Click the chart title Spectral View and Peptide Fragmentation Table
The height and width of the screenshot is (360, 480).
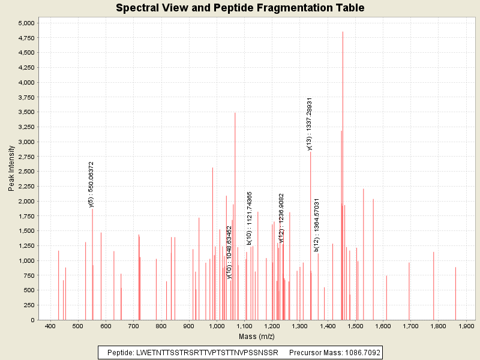point(240,8)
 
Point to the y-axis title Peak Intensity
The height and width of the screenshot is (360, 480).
point(11,168)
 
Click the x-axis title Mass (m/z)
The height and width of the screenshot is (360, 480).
point(257,337)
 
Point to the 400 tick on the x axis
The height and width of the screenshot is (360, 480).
point(50,326)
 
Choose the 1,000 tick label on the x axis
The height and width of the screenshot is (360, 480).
point(217,326)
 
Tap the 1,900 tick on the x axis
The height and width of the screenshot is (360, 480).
point(466,326)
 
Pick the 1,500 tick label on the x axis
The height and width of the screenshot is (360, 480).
point(355,326)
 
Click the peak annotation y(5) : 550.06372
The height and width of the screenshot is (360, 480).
point(91,184)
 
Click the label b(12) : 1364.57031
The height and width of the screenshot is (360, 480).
point(317,224)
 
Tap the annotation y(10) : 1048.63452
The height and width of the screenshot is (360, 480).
point(229,252)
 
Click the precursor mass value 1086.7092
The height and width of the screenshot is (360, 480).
point(358,352)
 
